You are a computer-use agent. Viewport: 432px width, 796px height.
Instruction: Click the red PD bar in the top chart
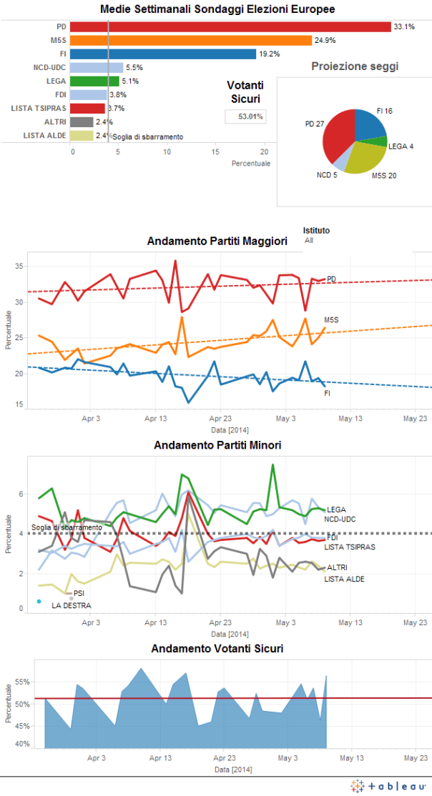coord(229,26)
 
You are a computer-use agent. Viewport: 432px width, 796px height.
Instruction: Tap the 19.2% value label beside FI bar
coord(268,54)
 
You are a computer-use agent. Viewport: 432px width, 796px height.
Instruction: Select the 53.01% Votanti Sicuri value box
coord(245,116)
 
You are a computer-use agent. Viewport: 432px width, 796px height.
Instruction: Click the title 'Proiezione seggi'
coord(355,66)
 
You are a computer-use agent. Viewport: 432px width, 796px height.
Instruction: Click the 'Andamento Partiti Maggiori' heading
coord(217,242)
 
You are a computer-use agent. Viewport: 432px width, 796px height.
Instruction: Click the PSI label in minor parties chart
coord(79,593)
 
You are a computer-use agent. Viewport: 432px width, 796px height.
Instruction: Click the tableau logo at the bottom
coord(388,785)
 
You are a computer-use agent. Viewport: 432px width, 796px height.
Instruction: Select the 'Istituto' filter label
coord(316,231)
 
